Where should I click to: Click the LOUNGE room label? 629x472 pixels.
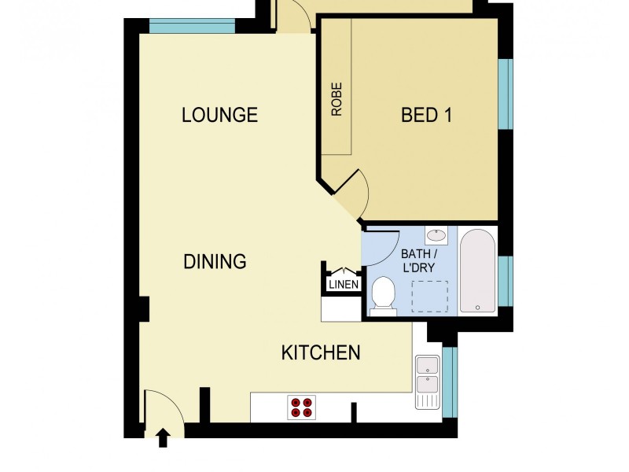tap(219, 115)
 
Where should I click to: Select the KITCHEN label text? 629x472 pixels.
tap(321, 352)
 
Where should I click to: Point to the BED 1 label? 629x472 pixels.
tap(426, 116)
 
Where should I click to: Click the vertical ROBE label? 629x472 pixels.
tap(337, 100)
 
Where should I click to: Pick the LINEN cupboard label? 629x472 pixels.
tap(344, 285)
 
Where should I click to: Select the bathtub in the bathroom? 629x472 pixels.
tap(477, 271)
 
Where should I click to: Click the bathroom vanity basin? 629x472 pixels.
tap(436, 234)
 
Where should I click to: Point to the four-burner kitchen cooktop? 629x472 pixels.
tap(301, 407)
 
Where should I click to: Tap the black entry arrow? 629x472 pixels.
tap(164, 437)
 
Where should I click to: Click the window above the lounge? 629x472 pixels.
tap(192, 26)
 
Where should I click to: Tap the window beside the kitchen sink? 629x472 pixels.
tap(449, 382)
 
